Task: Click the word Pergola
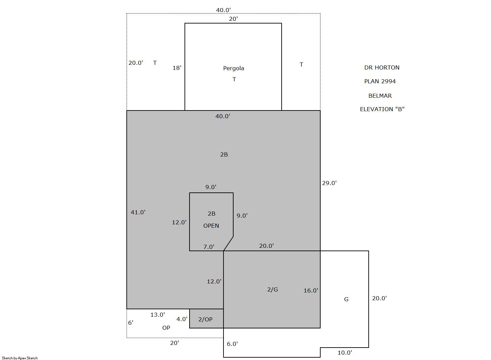pos(234,68)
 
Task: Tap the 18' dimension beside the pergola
pos(177,68)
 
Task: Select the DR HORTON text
pos(382,67)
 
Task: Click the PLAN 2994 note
pos(380,81)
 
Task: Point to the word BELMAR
pos(380,96)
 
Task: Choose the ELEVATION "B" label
pos(382,109)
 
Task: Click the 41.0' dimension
pos(138,212)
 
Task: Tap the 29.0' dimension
pos(329,183)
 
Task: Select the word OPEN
pos(211,226)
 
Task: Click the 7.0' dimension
pos(209,247)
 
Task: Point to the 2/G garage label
pos(273,289)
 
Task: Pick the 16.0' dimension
pos(311,290)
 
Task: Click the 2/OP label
pos(205,319)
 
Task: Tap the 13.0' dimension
pos(158,315)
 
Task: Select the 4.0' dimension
pos(182,319)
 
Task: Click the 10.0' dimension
pos(345,353)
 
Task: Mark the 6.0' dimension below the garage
pos(232,344)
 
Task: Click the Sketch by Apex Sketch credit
pos(20,358)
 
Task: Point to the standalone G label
pos(346,299)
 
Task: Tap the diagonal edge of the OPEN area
pos(228,243)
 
